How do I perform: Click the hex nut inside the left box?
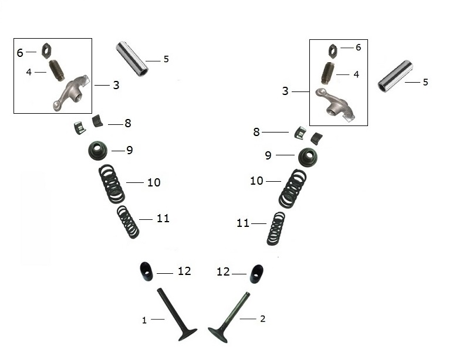click(46, 50)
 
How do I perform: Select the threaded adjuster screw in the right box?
click(326, 73)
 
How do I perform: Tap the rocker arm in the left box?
click(71, 93)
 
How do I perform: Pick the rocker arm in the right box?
click(335, 104)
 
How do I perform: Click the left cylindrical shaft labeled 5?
click(132, 59)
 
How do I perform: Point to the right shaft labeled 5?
click(396, 76)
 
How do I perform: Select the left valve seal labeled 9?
click(97, 150)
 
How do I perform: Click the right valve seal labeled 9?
click(308, 157)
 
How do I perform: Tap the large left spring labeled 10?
click(112, 184)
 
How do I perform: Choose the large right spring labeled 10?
click(293, 189)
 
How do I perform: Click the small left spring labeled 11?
click(128, 222)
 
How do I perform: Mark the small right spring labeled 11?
click(276, 228)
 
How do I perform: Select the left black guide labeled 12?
click(146, 271)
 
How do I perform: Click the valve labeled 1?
click(176, 314)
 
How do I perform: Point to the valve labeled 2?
click(229, 317)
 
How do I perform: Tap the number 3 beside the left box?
click(116, 85)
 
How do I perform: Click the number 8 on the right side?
click(256, 132)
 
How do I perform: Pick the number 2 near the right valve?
click(262, 318)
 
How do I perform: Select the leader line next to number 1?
click(158, 319)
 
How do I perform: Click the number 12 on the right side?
click(223, 271)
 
